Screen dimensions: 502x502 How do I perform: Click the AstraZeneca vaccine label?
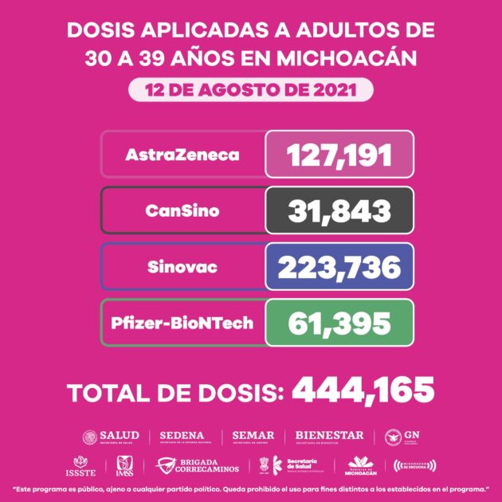tap(182, 155)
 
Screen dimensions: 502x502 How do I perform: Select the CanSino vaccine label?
tap(182, 210)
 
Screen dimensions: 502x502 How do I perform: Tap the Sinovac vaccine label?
tap(182, 267)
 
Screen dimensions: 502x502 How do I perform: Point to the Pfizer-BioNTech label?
tap(182, 323)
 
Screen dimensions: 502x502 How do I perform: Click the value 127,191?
tap(339, 155)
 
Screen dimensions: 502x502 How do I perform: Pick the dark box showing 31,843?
tap(339, 210)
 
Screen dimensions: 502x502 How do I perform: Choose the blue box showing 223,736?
tap(339, 267)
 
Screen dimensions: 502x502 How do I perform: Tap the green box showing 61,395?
tap(339, 323)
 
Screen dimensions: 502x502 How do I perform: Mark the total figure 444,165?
tap(363, 390)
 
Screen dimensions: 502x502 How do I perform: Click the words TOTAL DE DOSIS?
tap(176, 392)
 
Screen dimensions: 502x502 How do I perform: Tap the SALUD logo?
tap(111, 437)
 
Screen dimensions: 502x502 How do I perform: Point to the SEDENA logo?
tap(182, 437)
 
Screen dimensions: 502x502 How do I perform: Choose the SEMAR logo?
tap(253, 437)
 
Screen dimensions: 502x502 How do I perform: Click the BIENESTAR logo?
tap(329, 437)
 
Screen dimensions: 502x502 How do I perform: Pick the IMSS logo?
tap(124, 464)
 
